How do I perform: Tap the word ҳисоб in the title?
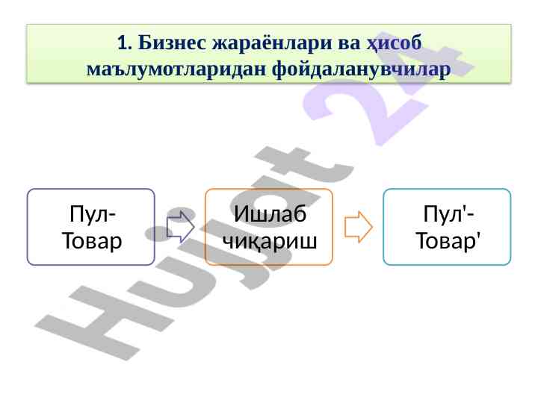pos(394,43)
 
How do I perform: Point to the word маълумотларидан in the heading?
pos(176,69)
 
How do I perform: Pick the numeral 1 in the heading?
pos(123,43)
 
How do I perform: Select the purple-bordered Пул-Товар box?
pos(91,227)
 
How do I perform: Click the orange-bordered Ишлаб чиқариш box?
pos(269,227)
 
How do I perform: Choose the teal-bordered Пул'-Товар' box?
pos(447,227)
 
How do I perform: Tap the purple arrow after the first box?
pos(181,227)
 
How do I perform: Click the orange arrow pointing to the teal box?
pos(359,227)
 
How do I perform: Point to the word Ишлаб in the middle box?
pos(270,214)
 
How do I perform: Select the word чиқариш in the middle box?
pos(270,241)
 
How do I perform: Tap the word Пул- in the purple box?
pos(93,214)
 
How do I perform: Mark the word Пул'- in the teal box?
pos(448,214)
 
